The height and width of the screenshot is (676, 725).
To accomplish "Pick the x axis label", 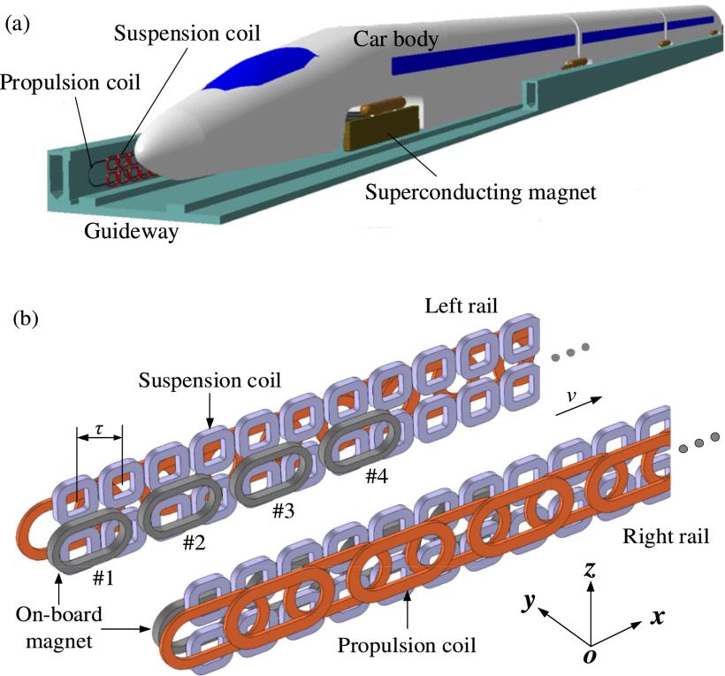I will click(x=657, y=617).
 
